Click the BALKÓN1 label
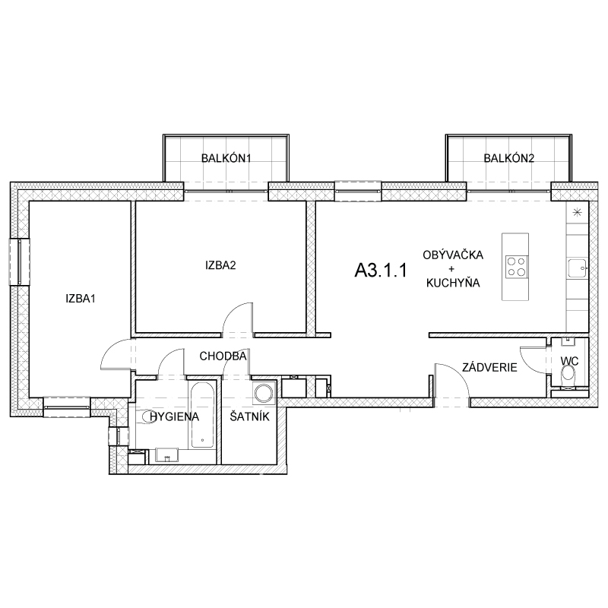point(226,158)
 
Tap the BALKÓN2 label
point(508,158)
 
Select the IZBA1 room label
point(81,299)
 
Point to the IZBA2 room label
point(220,265)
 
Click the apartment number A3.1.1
point(381,270)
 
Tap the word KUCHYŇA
point(453,283)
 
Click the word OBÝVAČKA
point(453,255)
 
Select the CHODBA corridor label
point(223,356)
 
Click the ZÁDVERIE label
point(489,367)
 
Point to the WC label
point(569,362)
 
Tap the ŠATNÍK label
point(249,416)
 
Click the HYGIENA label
point(175,416)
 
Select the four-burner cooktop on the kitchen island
point(516,267)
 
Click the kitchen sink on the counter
point(578,268)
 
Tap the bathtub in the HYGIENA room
point(201,415)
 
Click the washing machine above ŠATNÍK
point(264,392)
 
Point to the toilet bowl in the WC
point(568,375)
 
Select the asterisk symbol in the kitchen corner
point(578,212)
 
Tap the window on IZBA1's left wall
point(20,262)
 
